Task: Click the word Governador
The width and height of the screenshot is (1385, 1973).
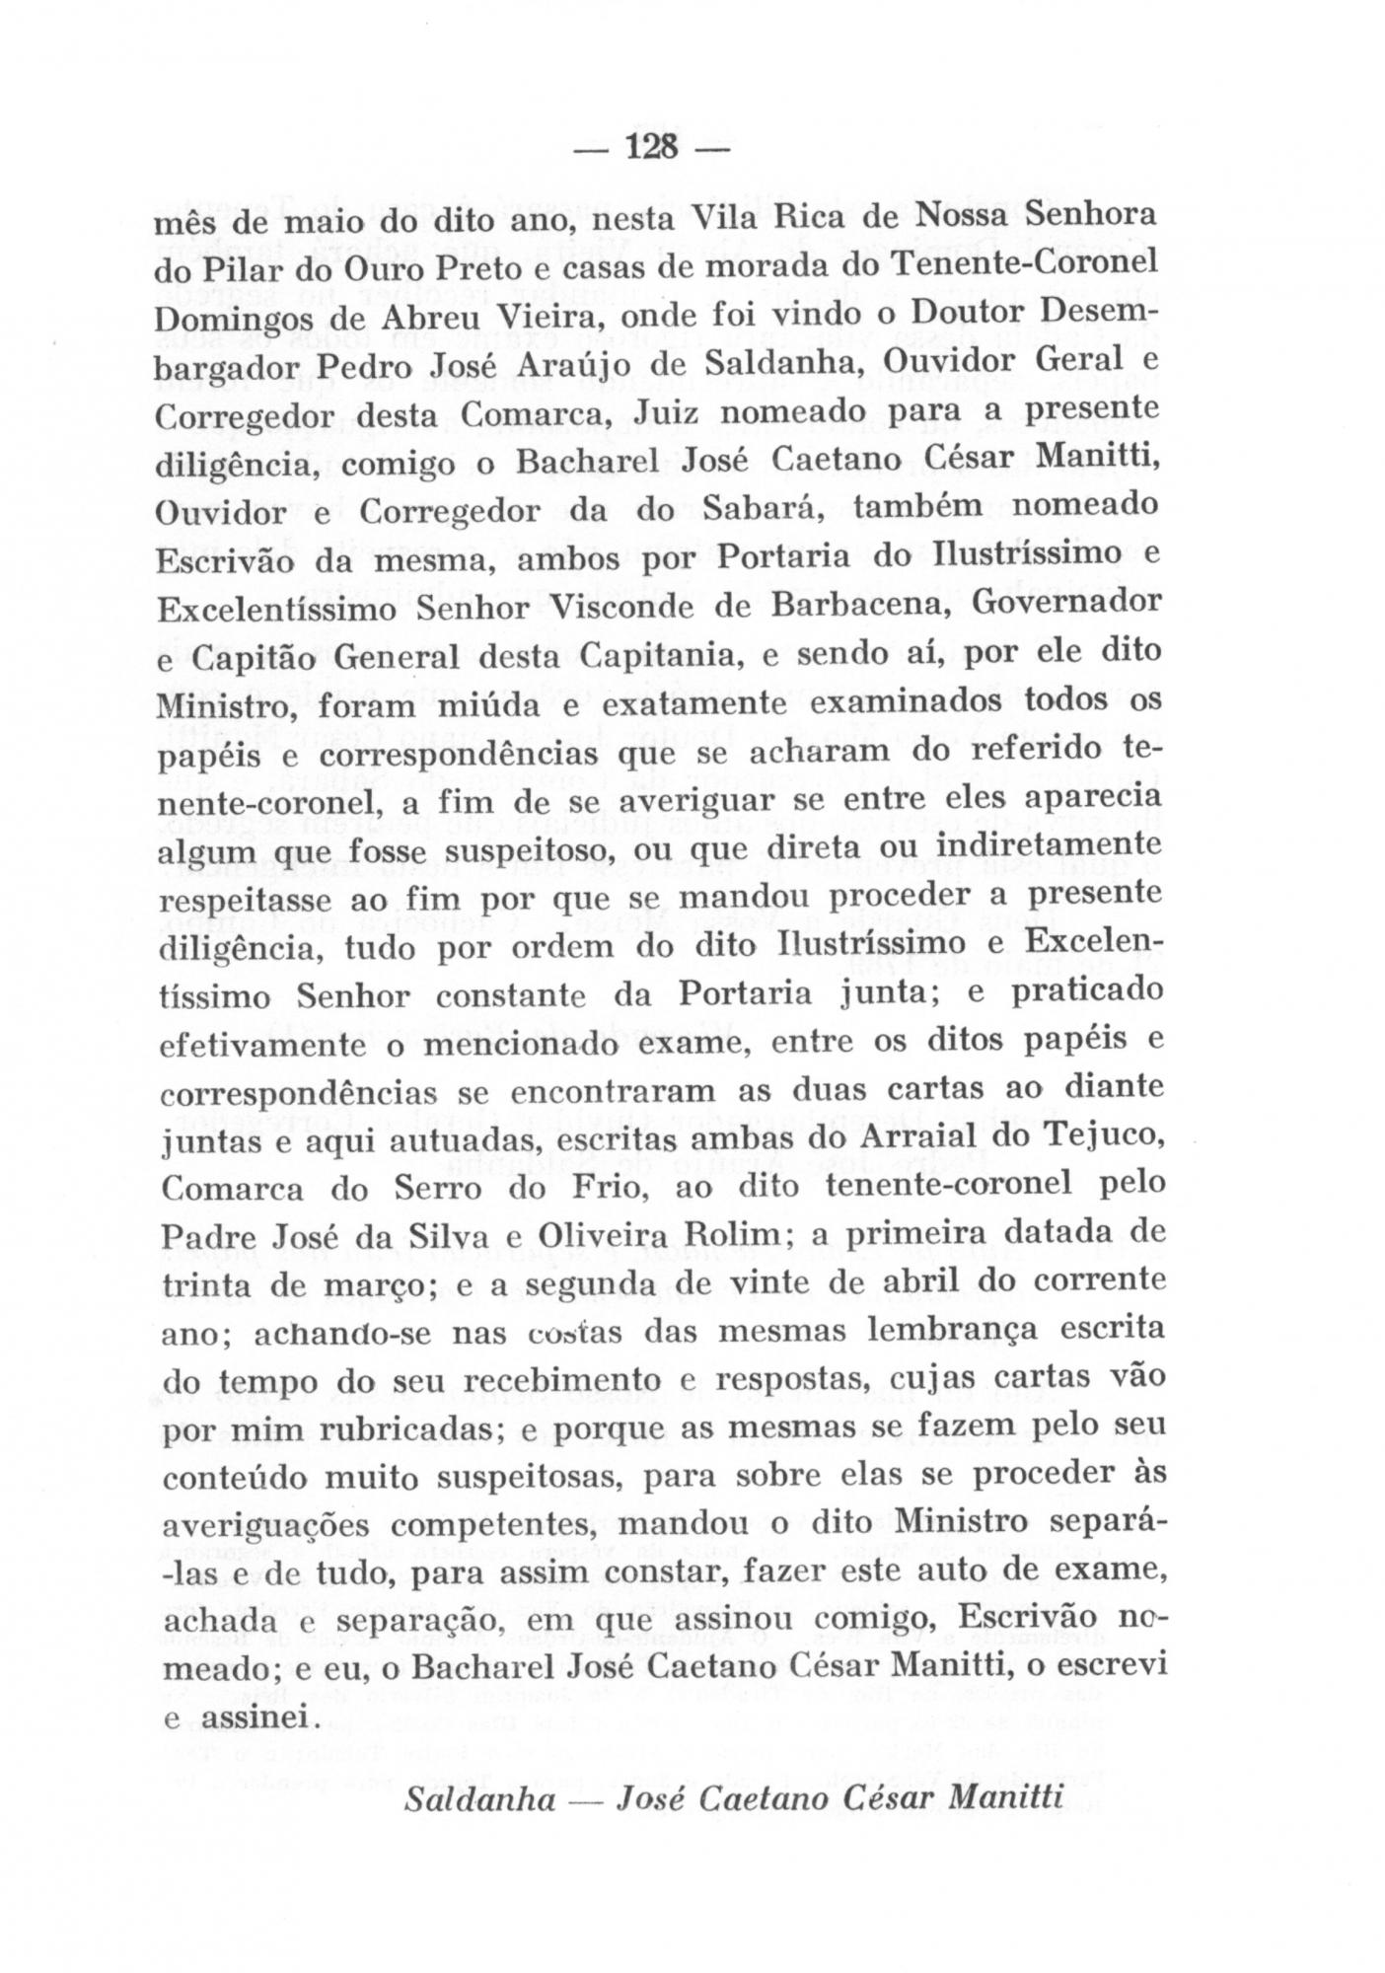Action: click(1066, 601)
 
